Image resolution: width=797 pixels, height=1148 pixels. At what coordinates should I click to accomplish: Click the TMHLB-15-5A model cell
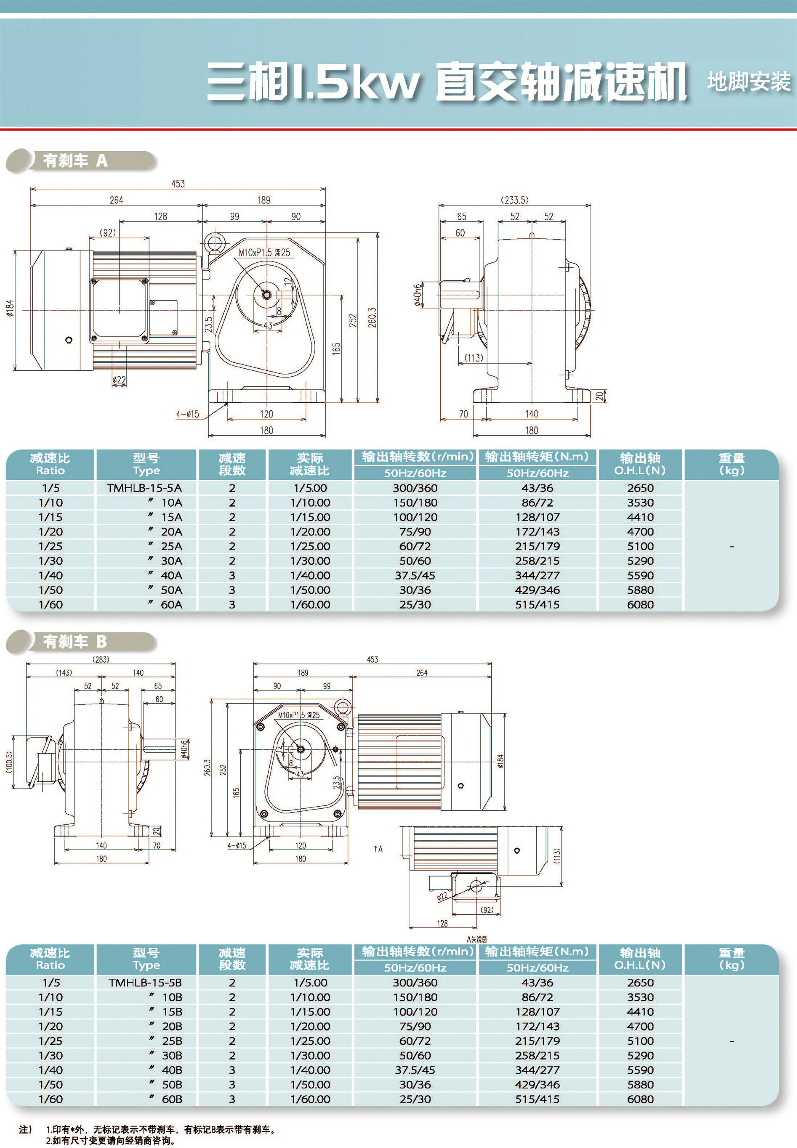click(144, 488)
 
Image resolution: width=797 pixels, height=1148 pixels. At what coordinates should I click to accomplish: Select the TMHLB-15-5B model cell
click(145, 982)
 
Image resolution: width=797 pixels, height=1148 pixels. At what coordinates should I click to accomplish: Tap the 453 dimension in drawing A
click(178, 184)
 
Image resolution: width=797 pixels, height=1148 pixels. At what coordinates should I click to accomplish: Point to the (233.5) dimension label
click(514, 200)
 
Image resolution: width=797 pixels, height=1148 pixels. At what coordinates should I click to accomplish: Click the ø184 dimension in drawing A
click(10, 308)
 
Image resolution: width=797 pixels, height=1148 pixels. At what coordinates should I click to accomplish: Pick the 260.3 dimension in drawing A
click(372, 317)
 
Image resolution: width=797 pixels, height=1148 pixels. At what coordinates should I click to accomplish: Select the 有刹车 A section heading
click(75, 160)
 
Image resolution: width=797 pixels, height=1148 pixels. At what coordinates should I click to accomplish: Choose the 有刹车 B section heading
click(75, 641)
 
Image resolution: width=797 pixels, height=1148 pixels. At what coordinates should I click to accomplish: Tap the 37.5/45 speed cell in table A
click(414, 575)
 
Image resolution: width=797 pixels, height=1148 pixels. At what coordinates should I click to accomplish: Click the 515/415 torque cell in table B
click(537, 1099)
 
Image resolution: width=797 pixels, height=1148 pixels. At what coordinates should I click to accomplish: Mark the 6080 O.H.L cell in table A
click(640, 604)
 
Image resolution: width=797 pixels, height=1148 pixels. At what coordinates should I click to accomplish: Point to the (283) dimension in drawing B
click(101, 659)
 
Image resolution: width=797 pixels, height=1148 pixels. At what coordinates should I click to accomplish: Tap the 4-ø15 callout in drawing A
click(187, 414)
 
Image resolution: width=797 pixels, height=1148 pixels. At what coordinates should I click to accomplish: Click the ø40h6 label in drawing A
click(417, 295)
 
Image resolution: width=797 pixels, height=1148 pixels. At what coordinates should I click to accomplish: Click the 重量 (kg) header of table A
click(731, 464)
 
